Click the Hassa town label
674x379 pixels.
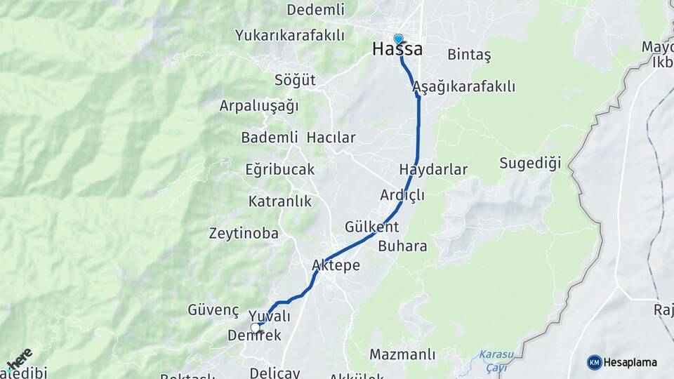coord(397,50)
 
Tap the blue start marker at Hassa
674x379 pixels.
coord(399,39)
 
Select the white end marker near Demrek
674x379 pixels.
coord(256,327)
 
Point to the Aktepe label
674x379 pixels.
coord(336,266)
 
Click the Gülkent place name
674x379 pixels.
coord(371,227)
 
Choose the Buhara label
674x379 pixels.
coord(402,246)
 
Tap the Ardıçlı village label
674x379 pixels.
coord(402,195)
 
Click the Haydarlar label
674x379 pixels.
coord(432,170)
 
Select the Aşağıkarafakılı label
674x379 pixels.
coord(464,87)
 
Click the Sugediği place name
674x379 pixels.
coord(531,164)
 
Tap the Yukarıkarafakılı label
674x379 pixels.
coord(290,35)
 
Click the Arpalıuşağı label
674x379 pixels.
coord(259,106)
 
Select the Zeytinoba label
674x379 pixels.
coord(244,234)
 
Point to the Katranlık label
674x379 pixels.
coord(279,201)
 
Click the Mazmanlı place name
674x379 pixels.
coord(402,354)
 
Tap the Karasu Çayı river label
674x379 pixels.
coord(497,361)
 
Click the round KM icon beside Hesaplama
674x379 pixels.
coord(595,362)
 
